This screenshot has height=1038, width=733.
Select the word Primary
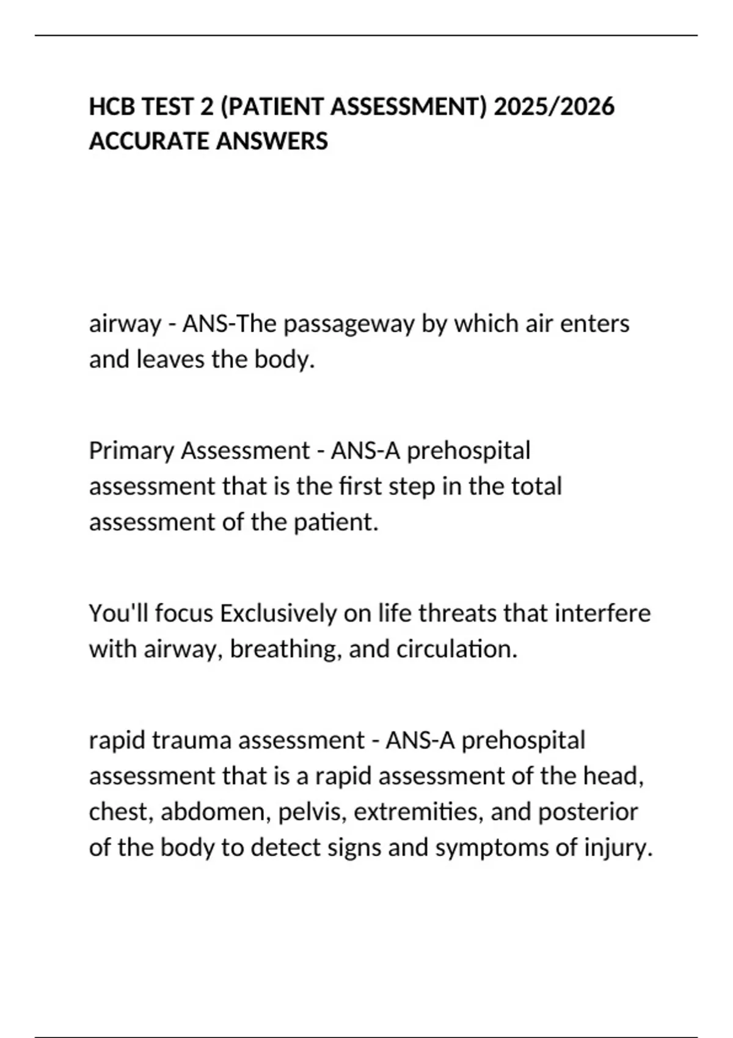(131, 451)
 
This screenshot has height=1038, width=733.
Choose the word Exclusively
(278, 613)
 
